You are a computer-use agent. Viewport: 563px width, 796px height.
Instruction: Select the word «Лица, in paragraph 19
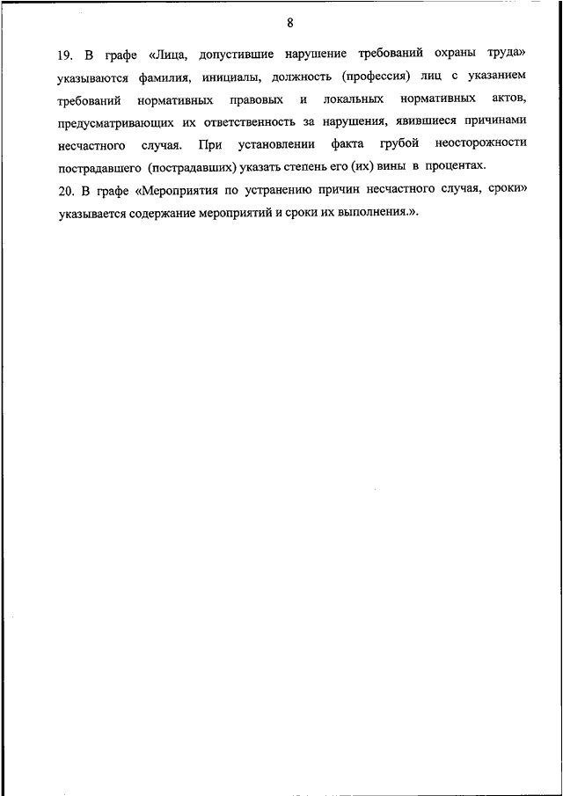pos(168,54)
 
